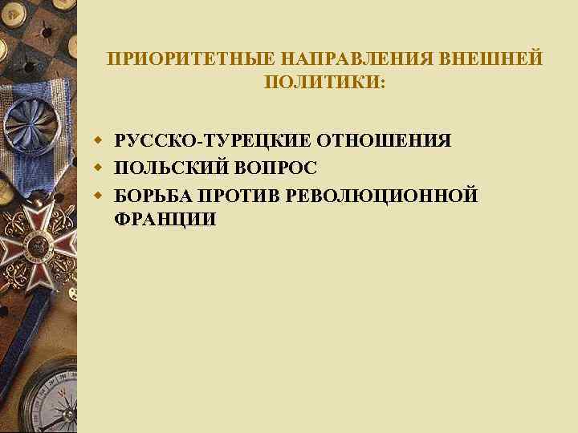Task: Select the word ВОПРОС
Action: pos(274,168)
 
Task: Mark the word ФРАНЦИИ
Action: pos(165,220)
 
